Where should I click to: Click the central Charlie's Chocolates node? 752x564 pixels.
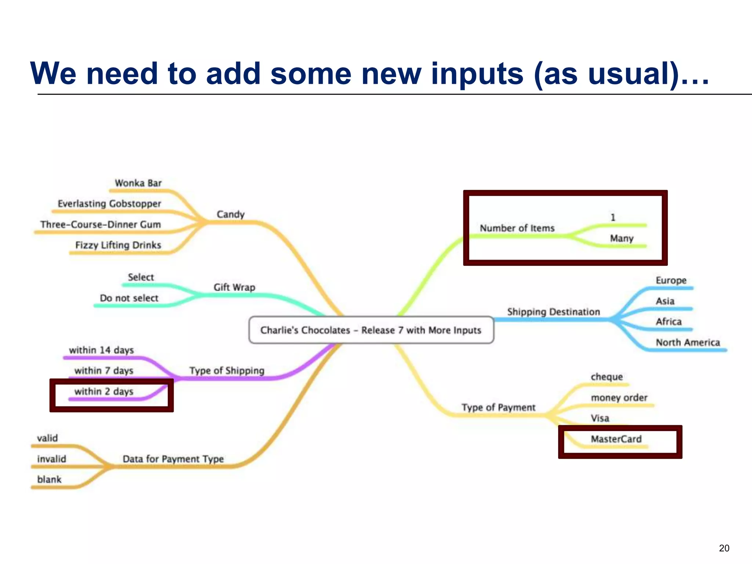coord(371,330)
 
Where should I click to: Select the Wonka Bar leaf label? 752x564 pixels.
coord(138,183)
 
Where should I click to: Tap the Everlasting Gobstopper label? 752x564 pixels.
coord(109,203)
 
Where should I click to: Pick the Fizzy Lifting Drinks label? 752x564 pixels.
coord(118,245)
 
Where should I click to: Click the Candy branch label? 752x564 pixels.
coord(230,214)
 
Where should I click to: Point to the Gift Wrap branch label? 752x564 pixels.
coord(234,287)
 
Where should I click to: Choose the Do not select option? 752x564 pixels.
coord(129,298)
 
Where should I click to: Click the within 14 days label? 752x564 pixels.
coord(101,350)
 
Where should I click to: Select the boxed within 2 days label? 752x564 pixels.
coord(104,391)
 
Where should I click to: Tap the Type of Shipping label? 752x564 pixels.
coord(227,370)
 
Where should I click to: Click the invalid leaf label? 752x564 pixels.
coord(51,459)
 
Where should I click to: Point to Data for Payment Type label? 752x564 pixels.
coord(173,459)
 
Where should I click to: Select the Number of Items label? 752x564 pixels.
coord(517,228)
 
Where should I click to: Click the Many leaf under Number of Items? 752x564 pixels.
coord(622,238)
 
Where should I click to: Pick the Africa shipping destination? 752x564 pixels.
coord(668,322)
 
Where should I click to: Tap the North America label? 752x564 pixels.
coord(688,342)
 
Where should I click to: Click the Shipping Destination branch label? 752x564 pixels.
coord(553,312)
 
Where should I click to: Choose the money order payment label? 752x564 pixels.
coord(619,397)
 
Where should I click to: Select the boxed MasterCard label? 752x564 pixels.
coord(616,439)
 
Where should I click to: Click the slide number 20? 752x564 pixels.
coord(724,548)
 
